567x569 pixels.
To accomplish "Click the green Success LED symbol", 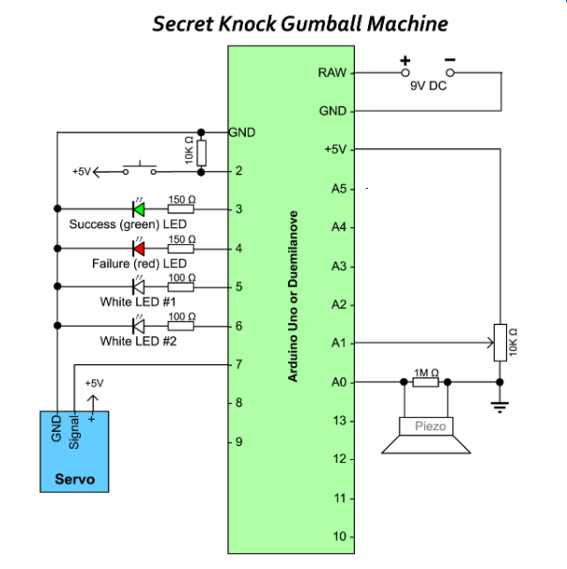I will (138, 209).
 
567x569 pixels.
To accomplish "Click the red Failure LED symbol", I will (138, 248).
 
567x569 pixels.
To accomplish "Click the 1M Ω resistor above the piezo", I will (425, 381).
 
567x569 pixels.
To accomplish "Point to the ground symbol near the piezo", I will (500, 405).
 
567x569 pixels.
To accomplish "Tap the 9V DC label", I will (428, 85).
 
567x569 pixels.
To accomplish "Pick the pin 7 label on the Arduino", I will (239, 364).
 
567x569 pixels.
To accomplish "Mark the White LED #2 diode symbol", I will (138, 326).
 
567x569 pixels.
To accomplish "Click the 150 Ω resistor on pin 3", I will (181, 209).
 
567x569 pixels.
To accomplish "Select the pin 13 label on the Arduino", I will (340, 420).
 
